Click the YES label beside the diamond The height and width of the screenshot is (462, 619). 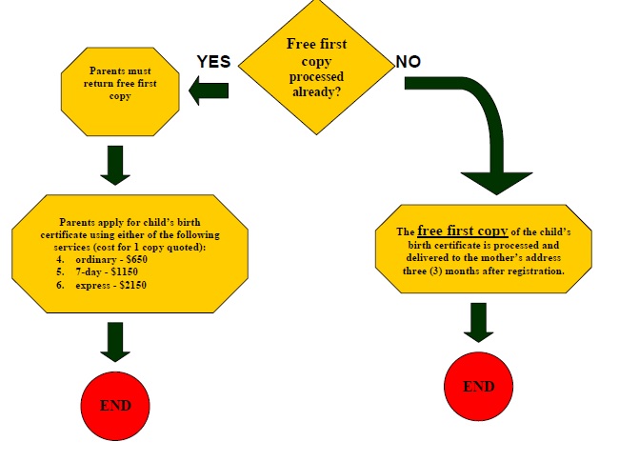click(213, 62)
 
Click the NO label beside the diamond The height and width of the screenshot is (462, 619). click(409, 62)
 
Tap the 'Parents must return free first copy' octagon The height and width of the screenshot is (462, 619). click(120, 84)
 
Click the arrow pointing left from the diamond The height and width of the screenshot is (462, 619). click(209, 91)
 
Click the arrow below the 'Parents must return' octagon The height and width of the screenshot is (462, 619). click(115, 164)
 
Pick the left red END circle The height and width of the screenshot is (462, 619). click(115, 405)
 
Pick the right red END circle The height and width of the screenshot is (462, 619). click(479, 387)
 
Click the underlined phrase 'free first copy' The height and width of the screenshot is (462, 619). click(462, 231)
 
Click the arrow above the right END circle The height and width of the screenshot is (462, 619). click(479, 322)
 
